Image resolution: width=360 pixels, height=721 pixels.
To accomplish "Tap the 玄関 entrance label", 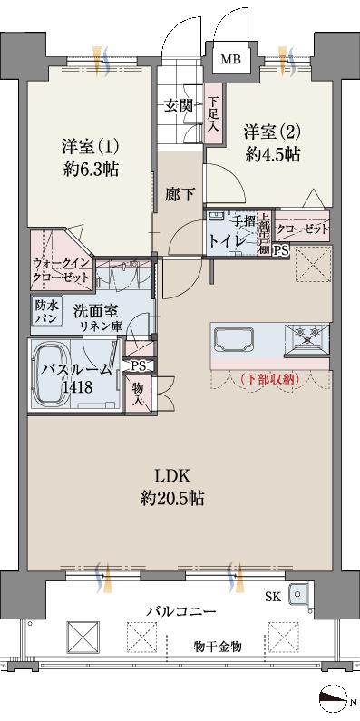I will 179,105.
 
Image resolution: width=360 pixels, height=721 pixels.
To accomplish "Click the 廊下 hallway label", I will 179,192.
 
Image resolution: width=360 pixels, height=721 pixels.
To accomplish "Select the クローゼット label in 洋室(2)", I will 301,229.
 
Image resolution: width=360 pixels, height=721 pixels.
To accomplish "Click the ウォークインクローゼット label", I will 61,269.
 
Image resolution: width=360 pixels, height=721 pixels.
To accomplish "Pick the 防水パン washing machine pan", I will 46,312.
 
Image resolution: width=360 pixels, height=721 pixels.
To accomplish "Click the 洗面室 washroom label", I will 94,309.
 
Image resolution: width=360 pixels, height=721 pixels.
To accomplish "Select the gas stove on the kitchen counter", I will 307,341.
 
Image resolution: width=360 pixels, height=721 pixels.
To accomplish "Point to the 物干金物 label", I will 218,646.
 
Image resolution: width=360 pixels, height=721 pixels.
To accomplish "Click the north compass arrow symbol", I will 336,697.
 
